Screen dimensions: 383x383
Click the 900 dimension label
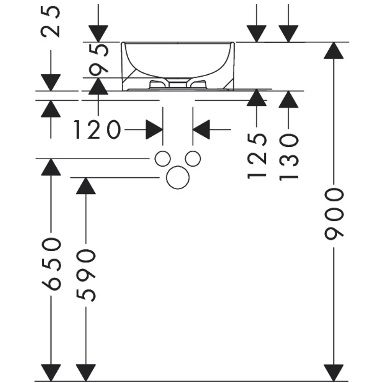[334, 214]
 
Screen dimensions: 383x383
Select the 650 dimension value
[51, 264]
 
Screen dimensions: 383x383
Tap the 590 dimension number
[86, 275]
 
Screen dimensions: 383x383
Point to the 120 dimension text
[97, 130]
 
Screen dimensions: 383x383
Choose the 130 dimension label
[288, 157]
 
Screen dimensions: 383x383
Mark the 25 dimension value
[51, 21]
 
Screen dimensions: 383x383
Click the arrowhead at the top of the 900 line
[334, 51]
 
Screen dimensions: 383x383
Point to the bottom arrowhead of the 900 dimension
[334, 372]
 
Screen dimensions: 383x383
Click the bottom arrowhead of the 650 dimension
[51, 372]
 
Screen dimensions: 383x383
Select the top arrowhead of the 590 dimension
[86, 186]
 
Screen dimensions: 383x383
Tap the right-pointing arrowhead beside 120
[154, 130]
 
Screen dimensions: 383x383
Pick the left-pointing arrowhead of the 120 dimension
[201, 130]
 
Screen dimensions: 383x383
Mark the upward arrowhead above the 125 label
[257, 98]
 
